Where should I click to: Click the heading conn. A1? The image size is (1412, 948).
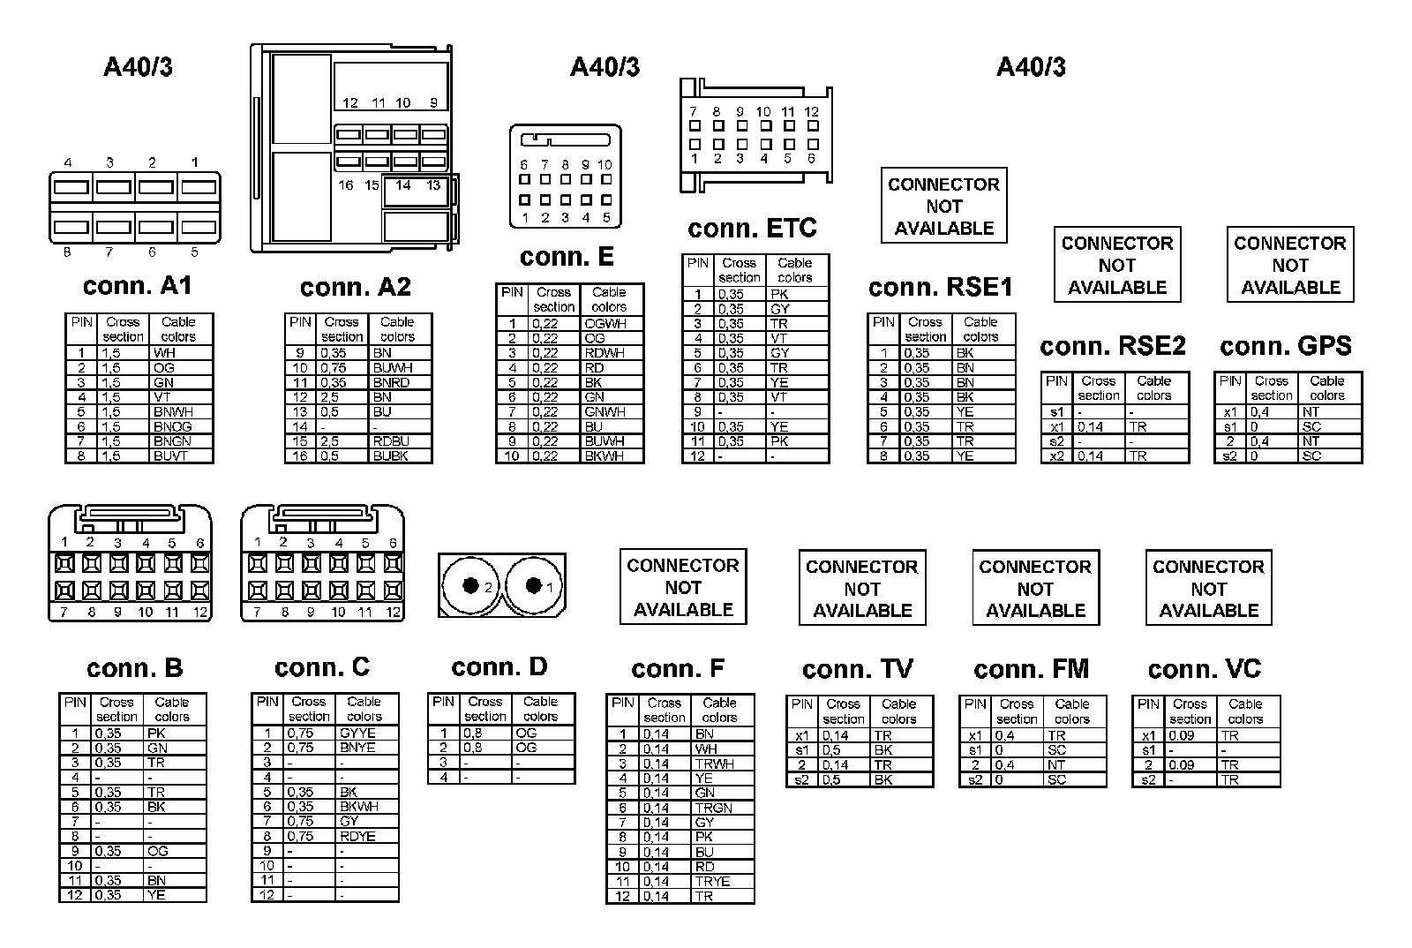pyautogui.click(x=137, y=286)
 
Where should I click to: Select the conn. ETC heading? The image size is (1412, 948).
pyautogui.click(x=752, y=229)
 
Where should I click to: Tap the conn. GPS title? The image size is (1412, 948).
pyautogui.click(x=1285, y=346)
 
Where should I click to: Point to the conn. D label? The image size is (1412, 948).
pyautogui.click(x=499, y=667)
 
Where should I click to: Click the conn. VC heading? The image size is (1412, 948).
pyautogui.click(x=1205, y=670)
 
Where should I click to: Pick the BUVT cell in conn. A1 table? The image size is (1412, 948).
pyautogui.click(x=171, y=456)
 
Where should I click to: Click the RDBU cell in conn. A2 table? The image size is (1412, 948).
pyautogui.click(x=390, y=441)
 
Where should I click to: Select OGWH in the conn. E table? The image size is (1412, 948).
pyautogui.click(x=605, y=324)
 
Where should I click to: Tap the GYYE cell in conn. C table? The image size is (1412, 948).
pyautogui.click(x=357, y=733)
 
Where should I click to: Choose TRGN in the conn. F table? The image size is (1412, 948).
pyautogui.click(x=713, y=808)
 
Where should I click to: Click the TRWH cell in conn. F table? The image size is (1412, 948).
pyautogui.click(x=714, y=764)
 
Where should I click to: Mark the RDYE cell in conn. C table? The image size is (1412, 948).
pyautogui.click(x=357, y=836)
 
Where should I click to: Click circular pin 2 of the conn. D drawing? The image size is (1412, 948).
pyautogui.click(x=471, y=585)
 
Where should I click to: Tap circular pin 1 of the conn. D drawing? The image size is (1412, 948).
pyautogui.click(x=533, y=585)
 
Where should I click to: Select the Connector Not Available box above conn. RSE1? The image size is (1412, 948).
pyautogui.click(x=943, y=206)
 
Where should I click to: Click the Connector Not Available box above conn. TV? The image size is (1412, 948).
pyautogui.click(x=861, y=588)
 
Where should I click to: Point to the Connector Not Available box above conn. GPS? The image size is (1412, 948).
pyautogui.click(x=1289, y=265)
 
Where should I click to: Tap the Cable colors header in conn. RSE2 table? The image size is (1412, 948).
pyautogui.click(x=1153, y=388)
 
